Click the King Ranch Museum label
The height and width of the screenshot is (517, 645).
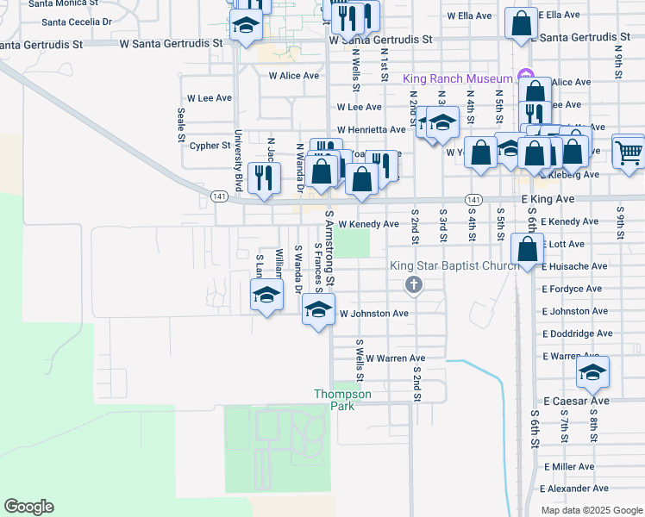pos(458,78)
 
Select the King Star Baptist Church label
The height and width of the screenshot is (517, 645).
pos(454,265)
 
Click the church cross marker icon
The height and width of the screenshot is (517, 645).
pos(414,285)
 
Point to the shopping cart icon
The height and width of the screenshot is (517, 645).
pos(629,153)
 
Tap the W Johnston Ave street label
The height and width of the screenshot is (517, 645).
pos(374,314)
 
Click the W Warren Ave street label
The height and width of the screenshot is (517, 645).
pos(396,358)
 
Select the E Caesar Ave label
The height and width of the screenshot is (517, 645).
pos(576,402)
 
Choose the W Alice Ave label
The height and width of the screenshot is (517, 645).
pos(294,76)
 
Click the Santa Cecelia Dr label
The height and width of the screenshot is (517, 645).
pos(77,22)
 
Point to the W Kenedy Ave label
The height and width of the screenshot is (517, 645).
pos(368,224)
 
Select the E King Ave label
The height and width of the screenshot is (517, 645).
pos(549,198)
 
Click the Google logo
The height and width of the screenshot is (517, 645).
pos(28,507)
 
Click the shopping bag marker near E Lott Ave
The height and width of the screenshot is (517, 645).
pos(527,250)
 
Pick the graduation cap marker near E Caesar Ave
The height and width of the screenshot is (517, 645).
pos(592,373)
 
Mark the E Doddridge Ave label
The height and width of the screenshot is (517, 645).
pos(578,333)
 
